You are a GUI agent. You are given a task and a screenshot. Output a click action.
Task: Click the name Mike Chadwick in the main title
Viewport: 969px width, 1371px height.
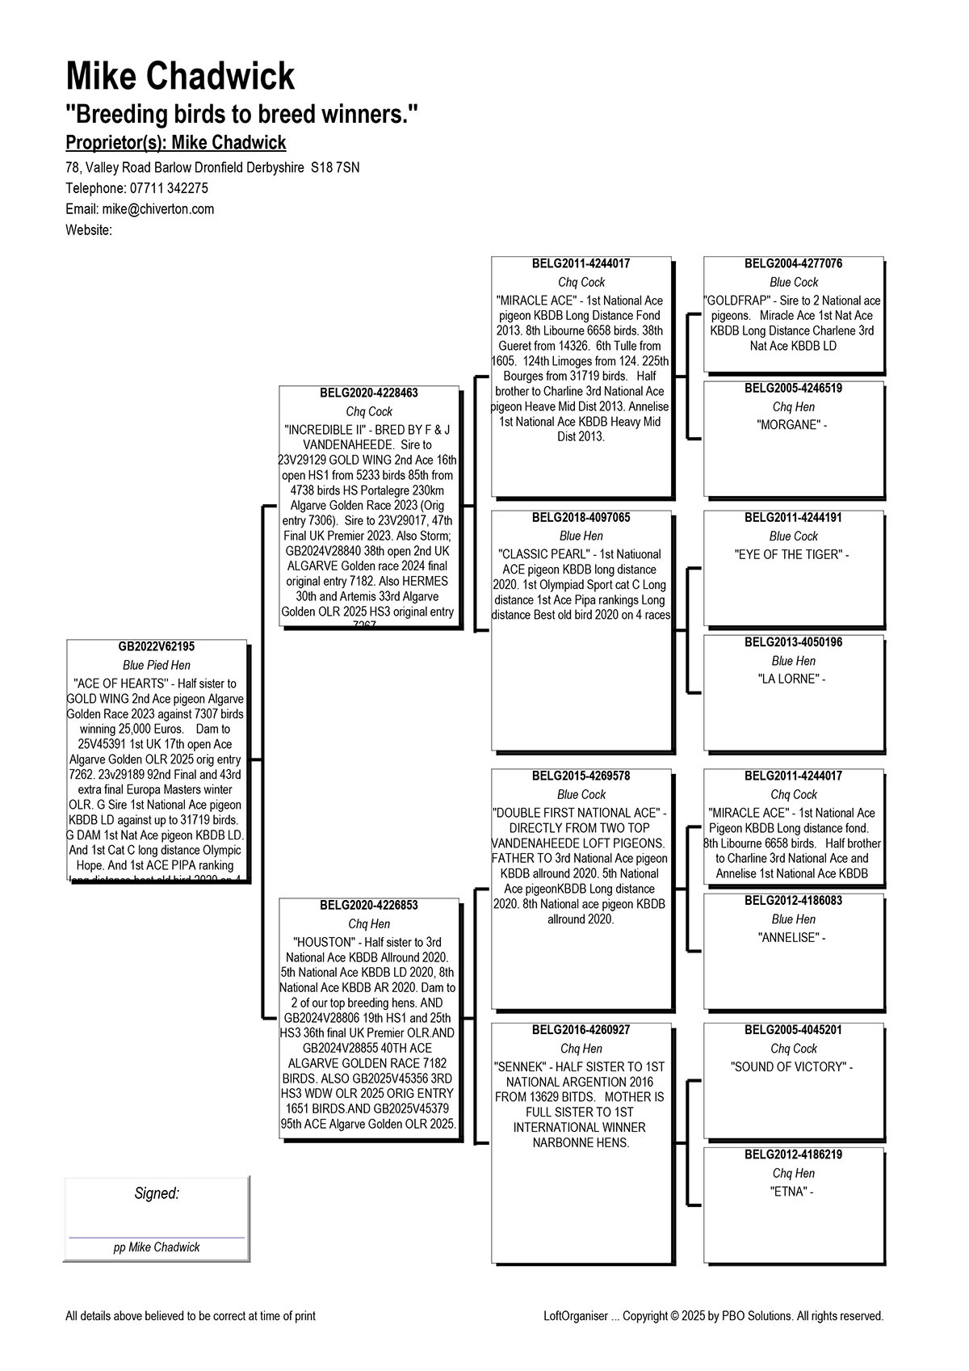tap(180, 77)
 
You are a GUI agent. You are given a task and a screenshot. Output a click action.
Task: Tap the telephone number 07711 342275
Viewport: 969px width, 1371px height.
tap(169, 188)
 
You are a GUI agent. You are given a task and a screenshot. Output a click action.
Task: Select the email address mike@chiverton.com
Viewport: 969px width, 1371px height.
tap(158, 209)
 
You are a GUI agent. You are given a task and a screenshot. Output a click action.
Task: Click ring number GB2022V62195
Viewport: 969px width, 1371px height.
tap(157, 647)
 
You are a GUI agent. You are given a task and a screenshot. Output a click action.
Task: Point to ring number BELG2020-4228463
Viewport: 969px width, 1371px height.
tap(369, 393)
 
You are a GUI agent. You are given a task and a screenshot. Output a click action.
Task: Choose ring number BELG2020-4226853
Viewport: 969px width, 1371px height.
tap(369, 906)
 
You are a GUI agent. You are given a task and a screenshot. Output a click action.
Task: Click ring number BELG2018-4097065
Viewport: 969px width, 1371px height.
tap(581, 518)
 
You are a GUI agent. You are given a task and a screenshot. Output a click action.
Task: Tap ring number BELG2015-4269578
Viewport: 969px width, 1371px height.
tap(581, 776)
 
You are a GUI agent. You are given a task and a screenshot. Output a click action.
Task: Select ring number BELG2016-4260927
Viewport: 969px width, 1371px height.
tap(581, 1030)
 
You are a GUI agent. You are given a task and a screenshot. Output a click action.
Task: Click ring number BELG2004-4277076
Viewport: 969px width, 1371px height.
tap(794, 264)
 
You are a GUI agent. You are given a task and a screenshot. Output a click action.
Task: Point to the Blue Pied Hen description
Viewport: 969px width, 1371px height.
tap(157, 666)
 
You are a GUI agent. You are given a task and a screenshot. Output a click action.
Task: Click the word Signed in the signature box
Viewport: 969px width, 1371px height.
tap(157, 1194)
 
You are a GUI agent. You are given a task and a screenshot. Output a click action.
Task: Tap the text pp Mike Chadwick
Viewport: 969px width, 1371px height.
tap(157, 1247)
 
